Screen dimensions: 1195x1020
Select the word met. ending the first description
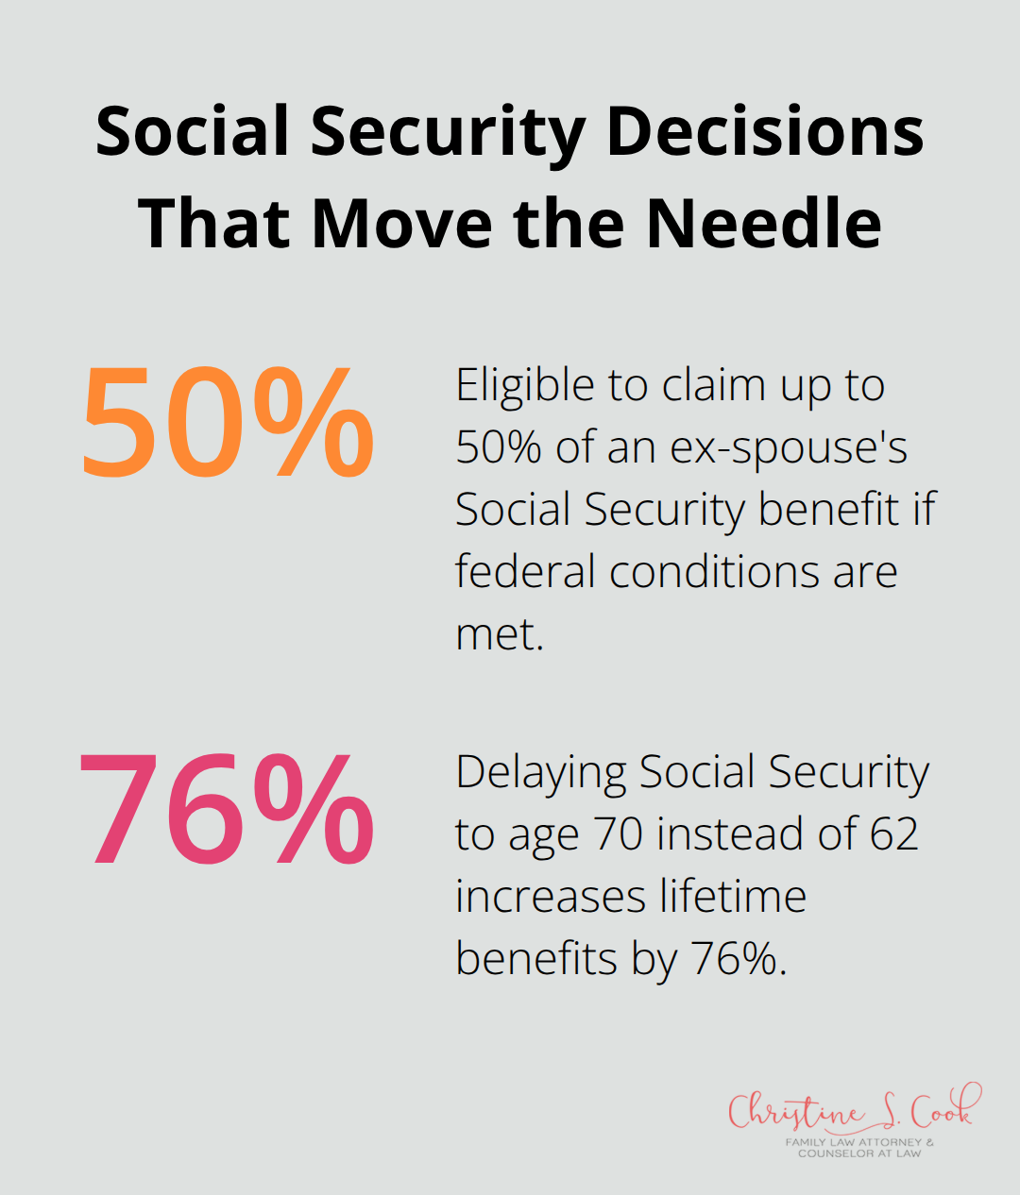pyautogui.click(x=500, y=634)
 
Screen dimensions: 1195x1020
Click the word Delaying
pyautogui.click(x=540, y=773)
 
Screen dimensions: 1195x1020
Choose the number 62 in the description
pyautogui.click(x=893, y=834)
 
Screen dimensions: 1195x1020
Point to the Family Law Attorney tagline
pyautogui.click(x=859, y=1147)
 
